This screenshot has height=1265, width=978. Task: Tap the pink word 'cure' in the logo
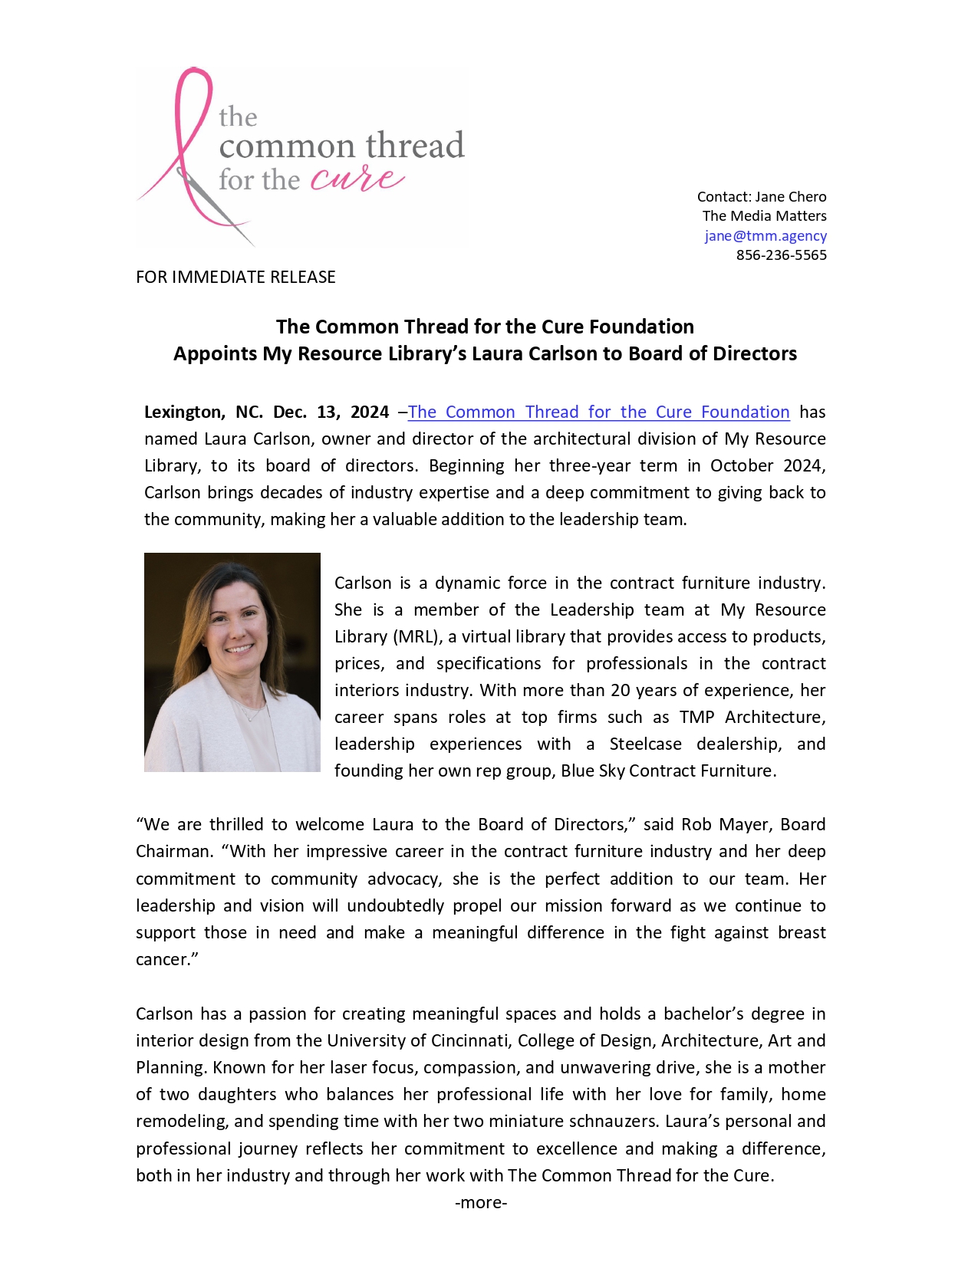pyautogui.click(x=357, y=179)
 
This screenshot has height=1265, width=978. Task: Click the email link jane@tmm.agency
pyautogui.click(x=765, y=236)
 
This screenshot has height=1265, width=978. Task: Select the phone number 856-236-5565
pyautogui.click(x=781, y=255)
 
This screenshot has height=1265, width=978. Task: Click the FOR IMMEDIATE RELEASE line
pyautogui.click(x=235, y=278)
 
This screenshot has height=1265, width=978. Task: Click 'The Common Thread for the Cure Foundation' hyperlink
pyautogui.click(x=598, y=412)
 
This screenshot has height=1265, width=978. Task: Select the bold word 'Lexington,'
pyautogui.click(x=185, y=412)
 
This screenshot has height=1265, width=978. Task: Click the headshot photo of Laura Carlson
pyautogui.click(x=232, y=662)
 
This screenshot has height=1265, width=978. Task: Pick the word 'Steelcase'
pyautogui.click(x=645, y=744)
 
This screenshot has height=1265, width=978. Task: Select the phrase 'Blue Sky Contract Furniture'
pyautogui.click(x=667, y=771)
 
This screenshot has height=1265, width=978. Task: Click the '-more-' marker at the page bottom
pyautogui.click(x=481, y=1203)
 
